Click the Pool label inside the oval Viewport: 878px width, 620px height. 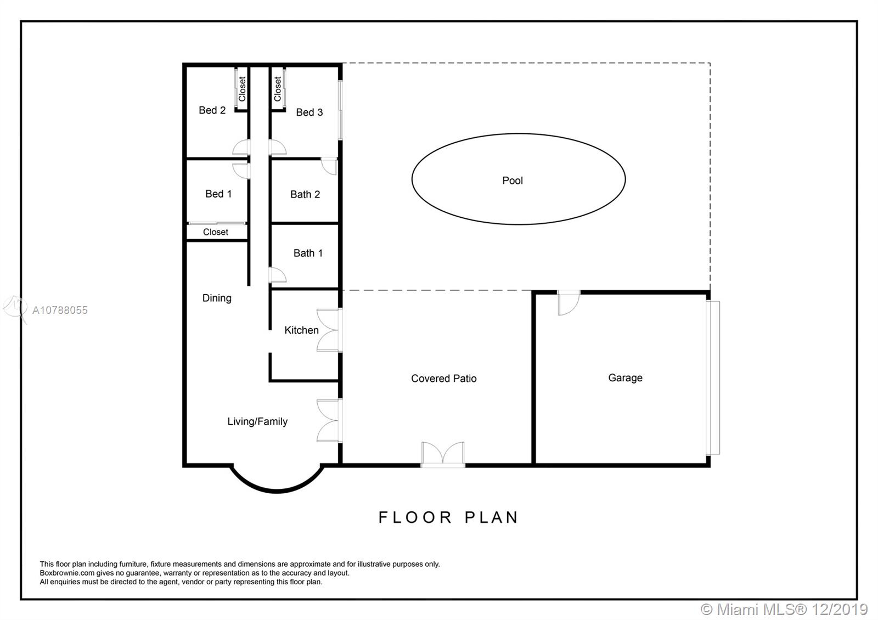point(513,181)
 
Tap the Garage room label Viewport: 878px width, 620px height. point(625,378)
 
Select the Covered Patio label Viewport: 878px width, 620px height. point(444,379)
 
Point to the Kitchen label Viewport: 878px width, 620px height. point(301,330)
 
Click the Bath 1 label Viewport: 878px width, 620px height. point(308,253)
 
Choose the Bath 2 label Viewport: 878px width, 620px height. point(305,194)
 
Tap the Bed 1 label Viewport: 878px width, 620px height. point(218,194)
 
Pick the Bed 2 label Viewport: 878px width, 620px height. point(212,110)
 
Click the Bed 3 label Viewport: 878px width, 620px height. point(309,112)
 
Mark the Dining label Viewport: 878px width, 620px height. point(217,298)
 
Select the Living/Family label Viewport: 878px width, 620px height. point(257,421)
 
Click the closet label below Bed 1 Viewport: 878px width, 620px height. point(216,232)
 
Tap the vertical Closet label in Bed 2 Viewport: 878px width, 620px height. point(242,89)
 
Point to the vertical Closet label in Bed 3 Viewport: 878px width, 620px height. point(278,89)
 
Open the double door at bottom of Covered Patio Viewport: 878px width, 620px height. point(443,455)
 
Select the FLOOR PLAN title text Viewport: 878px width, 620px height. point(448,517)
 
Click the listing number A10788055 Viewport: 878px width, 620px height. point(60,311)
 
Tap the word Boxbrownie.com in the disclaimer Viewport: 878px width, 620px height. point(67,573)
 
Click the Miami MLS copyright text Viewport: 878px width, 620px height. point(784,610)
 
